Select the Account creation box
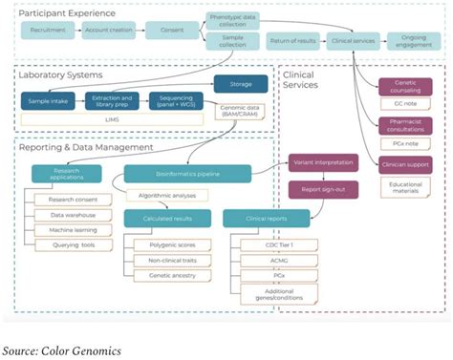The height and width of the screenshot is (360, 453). (x=108, y=31)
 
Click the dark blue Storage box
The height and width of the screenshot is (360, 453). (x=233, y=83)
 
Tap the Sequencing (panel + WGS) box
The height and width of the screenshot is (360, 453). (x=175, y=99)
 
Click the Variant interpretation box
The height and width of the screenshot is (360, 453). (x=323, y=161)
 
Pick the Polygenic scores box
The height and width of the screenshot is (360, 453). (x=173, y=245)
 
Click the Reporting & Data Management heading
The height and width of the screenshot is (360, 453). (x=86, y=147)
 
